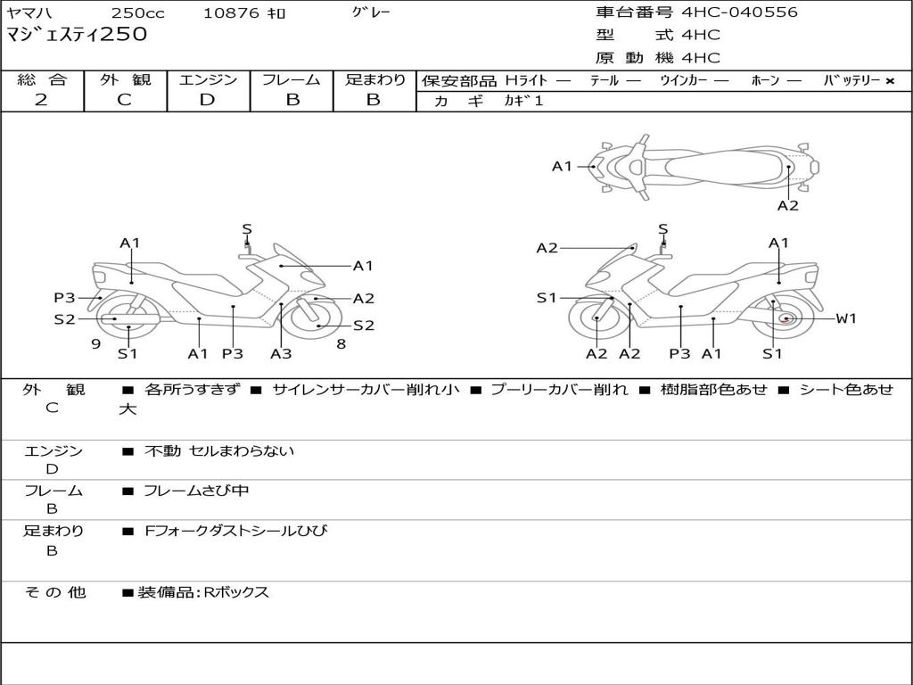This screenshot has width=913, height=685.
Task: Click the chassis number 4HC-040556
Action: coord(739,12)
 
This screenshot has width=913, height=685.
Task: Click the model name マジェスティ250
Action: coord(77,35)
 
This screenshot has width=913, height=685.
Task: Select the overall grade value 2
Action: coord(41,100)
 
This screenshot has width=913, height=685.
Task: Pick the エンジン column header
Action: coord(208,80)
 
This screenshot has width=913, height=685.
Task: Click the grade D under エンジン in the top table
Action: coord(207,100)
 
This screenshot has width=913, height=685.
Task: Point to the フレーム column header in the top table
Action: coord(292,80)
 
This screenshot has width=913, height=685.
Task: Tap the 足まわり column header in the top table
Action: coord(375,80)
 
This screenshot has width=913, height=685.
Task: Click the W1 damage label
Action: coord(845,318)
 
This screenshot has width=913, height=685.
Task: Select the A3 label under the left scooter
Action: coord(281,353)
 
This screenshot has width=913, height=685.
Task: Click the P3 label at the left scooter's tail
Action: coord(64,298)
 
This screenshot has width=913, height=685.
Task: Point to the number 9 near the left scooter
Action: coord(95,343)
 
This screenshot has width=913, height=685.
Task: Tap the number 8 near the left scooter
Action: coord(341,343)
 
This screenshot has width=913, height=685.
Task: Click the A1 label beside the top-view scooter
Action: coord(562,166)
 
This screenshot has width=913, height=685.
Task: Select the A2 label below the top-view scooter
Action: coord(787,205)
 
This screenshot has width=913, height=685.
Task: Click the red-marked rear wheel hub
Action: coord(786,318)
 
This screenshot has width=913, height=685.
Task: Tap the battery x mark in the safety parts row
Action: coord(890,81)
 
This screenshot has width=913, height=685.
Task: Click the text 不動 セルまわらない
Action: coord(219,451)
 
